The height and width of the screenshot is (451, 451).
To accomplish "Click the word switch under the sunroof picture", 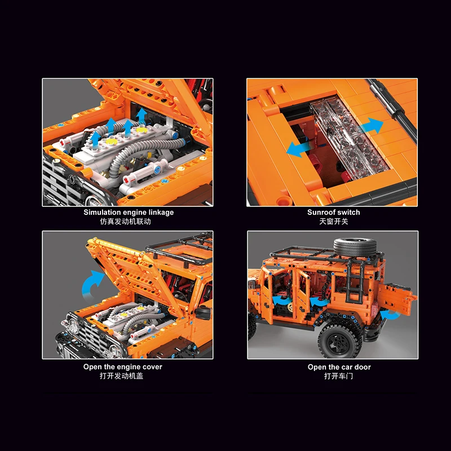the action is pyautogui.click(x=347, y=213).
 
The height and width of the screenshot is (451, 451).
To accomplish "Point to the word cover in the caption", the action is pyautogui.click(x=153, y=367).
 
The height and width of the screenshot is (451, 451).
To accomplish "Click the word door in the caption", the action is pyautogui.click(x=362, y=368).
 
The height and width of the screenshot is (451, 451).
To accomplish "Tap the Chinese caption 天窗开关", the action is pyautogui.click(x=334, y=222).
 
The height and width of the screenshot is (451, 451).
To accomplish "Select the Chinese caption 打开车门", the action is pyautogui.click(x=339, y=376).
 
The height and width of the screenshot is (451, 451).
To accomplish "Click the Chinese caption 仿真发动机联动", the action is pyautogui.click(x=125, y=222).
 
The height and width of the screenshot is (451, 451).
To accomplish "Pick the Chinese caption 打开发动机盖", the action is pyautogui.click(x=121, y=376).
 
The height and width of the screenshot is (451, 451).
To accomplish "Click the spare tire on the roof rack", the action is pyautogui.click(x=355, y=247).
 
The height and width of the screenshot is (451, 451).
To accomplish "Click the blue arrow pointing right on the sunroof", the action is pyautogui.click(x=372, y=126).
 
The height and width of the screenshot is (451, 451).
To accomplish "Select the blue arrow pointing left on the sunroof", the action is pyautogui.click(x=298, y=148).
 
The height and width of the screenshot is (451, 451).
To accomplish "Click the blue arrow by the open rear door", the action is pyautogui.click(x=390, y=315).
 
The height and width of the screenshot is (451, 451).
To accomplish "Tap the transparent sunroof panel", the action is pyautogui.click(x=350, y=136).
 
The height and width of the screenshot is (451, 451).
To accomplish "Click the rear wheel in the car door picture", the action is pyautogui.click(x=340, y=341).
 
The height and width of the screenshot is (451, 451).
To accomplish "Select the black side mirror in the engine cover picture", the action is pyautogui.click(x=202, y=312).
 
